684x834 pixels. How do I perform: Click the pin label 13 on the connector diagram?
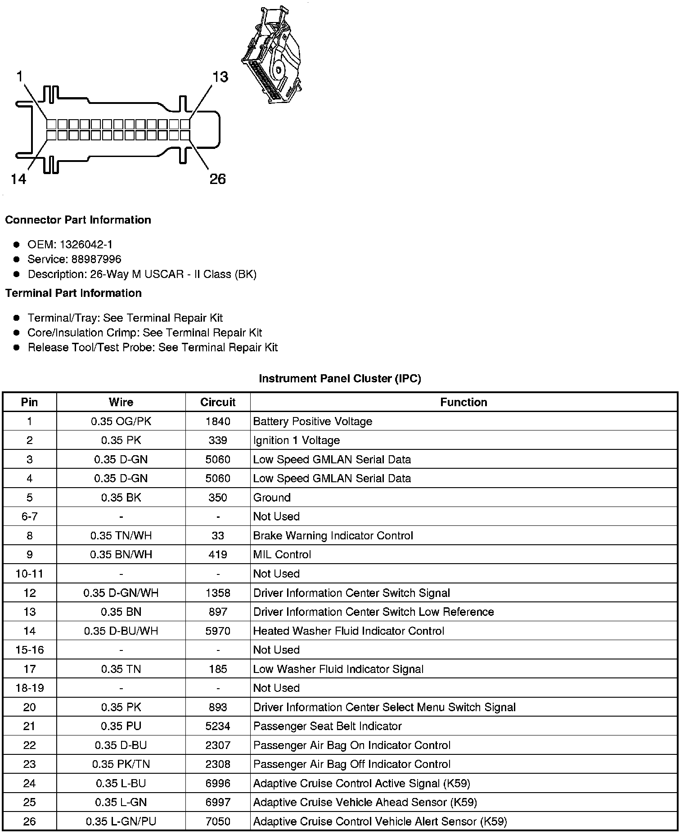click(220, 77)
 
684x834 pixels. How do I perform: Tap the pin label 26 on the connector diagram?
click(217, 179)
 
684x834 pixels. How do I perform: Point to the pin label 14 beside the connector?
click(18, 179)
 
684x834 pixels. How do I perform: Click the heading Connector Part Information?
click(78, 220)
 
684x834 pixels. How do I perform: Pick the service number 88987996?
click(96, 260)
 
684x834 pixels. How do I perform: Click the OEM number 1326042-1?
click(86, 245)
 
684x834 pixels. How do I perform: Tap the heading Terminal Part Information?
click(73, 293)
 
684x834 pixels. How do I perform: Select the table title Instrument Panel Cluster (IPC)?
click(340, 379)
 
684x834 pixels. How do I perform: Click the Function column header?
click(463, 402)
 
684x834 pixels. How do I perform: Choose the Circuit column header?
click(218, 402)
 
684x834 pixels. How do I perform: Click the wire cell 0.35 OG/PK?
click(121, 421)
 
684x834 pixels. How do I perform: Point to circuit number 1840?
click(218, 421)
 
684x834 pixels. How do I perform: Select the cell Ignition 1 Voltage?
click(297, 440)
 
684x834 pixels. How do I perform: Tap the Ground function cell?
click(272, 498)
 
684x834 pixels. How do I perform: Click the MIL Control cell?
click(282, 555)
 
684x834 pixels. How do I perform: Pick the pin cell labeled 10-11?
click(29, 574)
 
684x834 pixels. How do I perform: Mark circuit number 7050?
click(218, 821)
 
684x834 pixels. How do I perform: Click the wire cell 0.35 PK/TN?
click(121, 764)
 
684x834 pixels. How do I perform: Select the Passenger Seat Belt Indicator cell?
click(328, 726)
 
